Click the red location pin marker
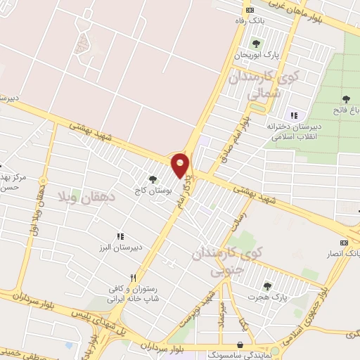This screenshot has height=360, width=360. [181, 165]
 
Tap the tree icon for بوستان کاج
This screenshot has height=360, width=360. [153, 179]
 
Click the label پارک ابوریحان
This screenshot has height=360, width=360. [257, 54]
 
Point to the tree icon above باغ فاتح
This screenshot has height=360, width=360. [345, 98]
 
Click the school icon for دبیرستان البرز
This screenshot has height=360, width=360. [120, 236]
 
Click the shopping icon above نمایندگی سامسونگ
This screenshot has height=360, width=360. [243, 345]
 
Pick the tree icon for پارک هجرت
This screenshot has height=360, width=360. [266, 285]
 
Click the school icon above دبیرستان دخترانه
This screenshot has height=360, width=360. [294, 115]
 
